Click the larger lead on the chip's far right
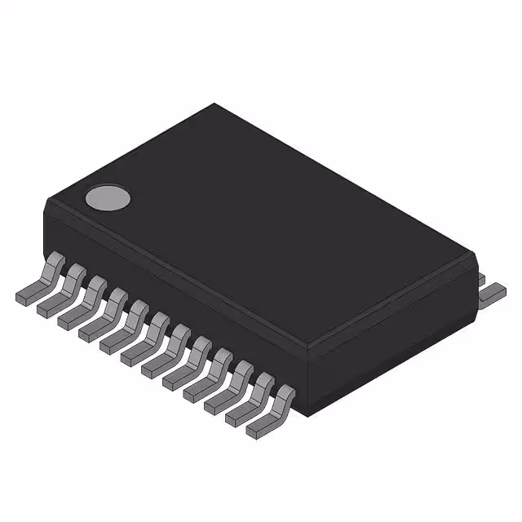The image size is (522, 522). click(493, 292)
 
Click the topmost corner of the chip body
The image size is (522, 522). click(214, 104)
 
